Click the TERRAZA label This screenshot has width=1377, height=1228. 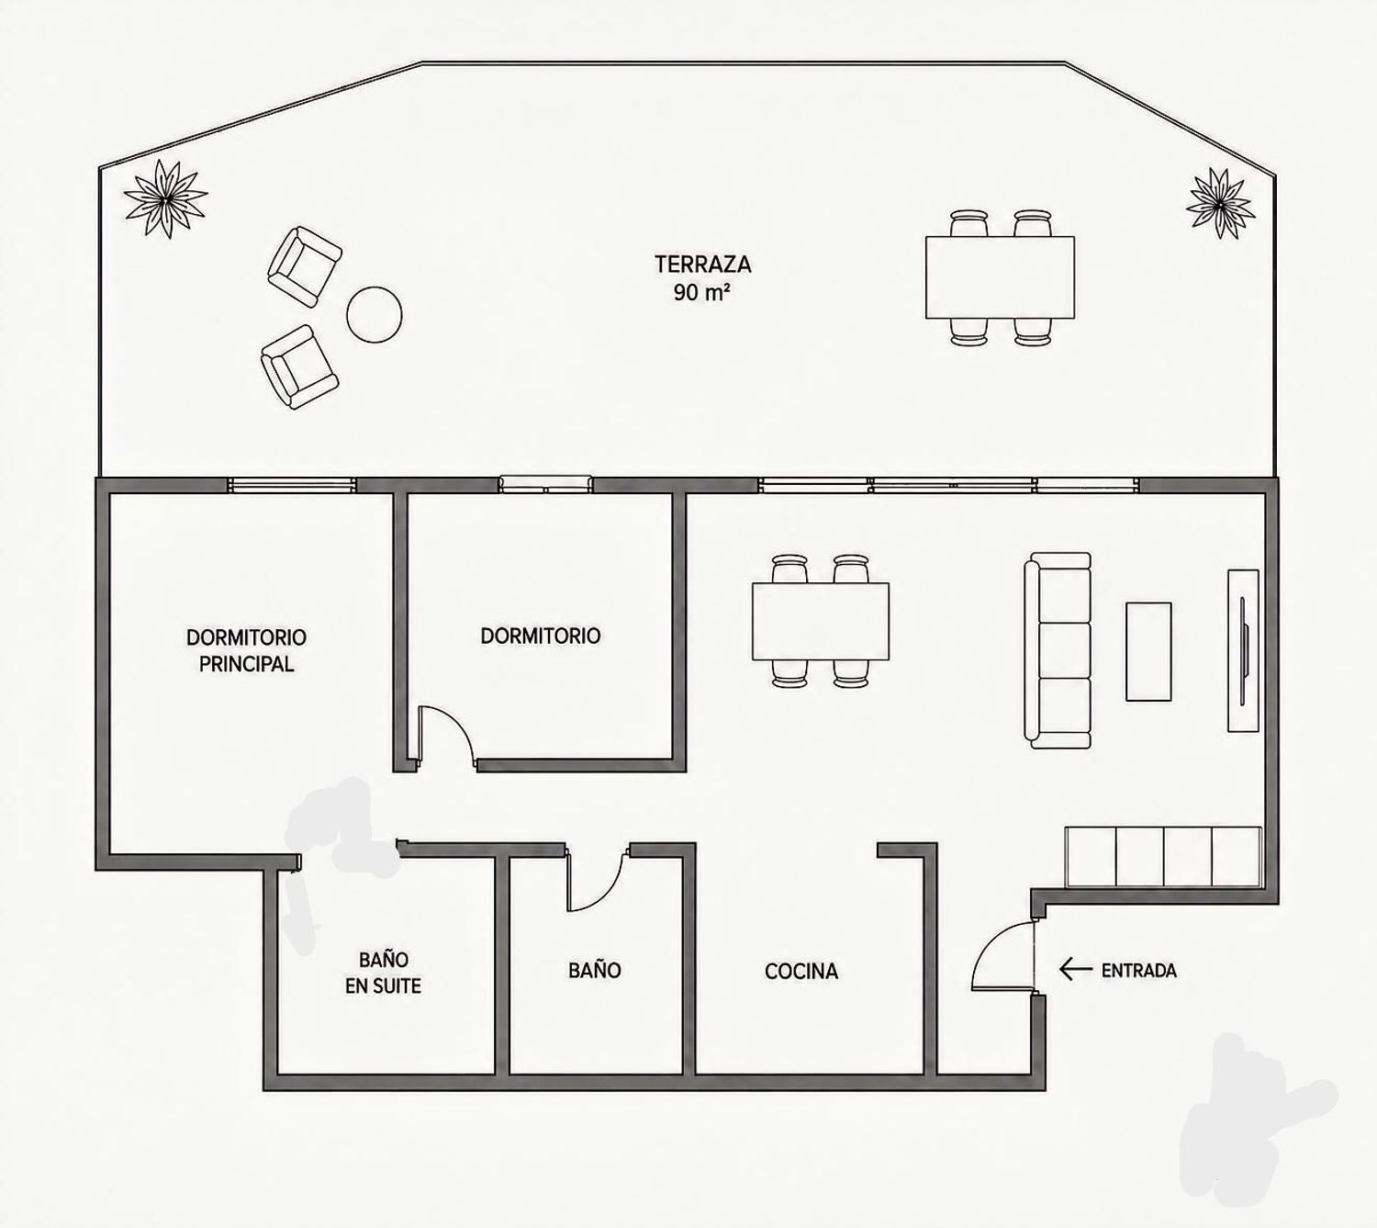click(703, 264)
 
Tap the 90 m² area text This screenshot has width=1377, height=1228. click(703, 292)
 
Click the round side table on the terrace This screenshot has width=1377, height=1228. click(374, 314)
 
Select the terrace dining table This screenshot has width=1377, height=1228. click(1000, 276)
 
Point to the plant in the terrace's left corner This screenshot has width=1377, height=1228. click(165, 198)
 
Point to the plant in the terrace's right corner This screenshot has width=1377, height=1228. click(1221, 203)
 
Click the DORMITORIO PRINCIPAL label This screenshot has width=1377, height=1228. click(246, 650)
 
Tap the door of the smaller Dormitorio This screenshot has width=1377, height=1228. click(445, 738)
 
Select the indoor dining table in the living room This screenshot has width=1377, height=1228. click(821, 621)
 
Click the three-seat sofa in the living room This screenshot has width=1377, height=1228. click(1058, 650)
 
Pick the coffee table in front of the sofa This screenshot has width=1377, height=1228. click(1147, 650)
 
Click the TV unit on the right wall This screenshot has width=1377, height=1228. click(1242, 650)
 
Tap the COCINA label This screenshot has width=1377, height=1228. click(801, 971)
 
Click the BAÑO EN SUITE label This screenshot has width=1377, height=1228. click(384, 973)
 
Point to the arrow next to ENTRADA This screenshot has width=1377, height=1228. click(1076, 969)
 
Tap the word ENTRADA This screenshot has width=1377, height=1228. click(1138, 970)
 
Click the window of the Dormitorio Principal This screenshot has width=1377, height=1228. click(292, 484)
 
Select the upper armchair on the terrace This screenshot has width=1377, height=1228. click(304, 265)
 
